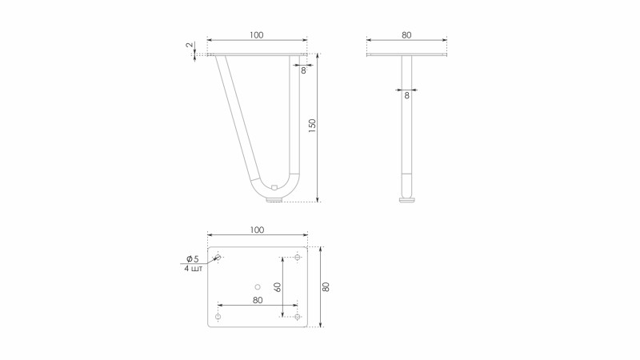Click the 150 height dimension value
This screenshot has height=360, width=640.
click(x=312, y=126)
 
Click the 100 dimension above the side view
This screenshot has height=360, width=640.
click(x=256, y=35)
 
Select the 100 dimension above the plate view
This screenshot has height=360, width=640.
click(x=257, y=230)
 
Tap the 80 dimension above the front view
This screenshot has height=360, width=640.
click(x=406, y=35)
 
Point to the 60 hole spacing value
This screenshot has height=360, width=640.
click(x=278, y=287)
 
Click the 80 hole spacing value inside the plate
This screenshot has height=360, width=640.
click(x=258, y=300)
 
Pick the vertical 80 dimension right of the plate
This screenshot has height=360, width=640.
click(x=326, y=286)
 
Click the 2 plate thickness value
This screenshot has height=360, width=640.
click(x=189, y=45)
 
